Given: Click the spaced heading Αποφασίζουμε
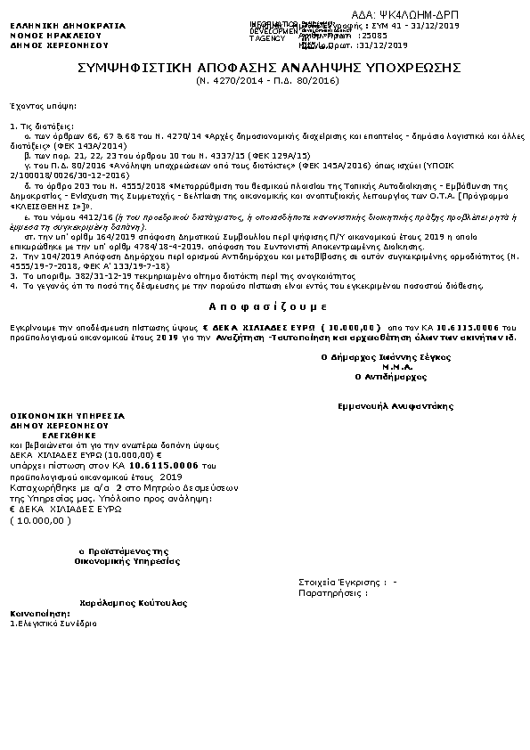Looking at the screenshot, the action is point(265,304).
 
